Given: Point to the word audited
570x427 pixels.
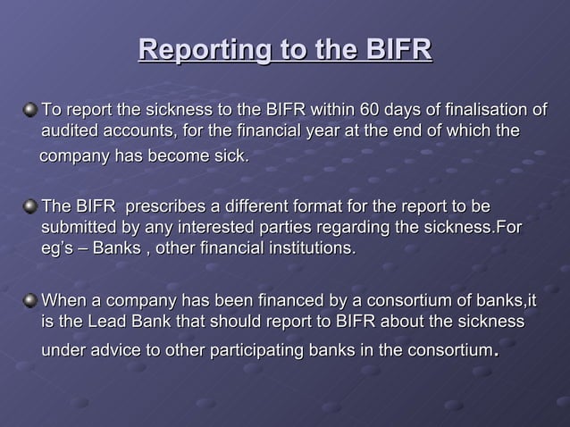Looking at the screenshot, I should coord(70,132).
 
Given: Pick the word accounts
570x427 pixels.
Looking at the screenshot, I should coord(137,132).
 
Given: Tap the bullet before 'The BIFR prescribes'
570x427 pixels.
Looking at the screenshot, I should coord(31,207).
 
